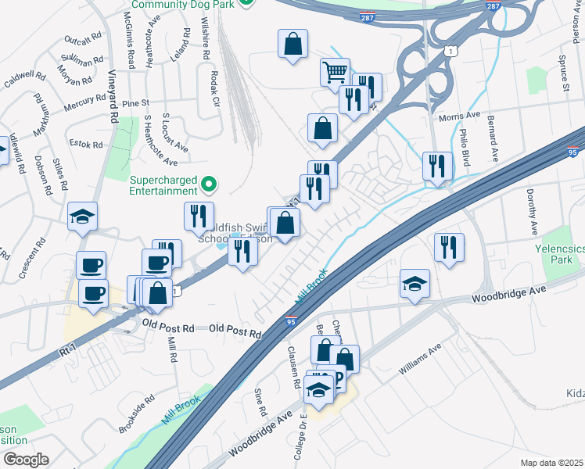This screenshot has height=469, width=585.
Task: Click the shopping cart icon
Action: [335, 72]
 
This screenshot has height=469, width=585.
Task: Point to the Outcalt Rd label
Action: [84, 38]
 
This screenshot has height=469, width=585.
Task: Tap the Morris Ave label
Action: [459, 116]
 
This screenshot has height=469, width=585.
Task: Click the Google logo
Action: [26, 460]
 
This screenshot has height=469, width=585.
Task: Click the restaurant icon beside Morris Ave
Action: [437, 166]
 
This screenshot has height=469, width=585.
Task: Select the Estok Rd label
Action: [86, 145]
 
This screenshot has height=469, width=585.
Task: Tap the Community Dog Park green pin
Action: [246, 3]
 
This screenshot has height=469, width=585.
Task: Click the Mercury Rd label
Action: [85, 102]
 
